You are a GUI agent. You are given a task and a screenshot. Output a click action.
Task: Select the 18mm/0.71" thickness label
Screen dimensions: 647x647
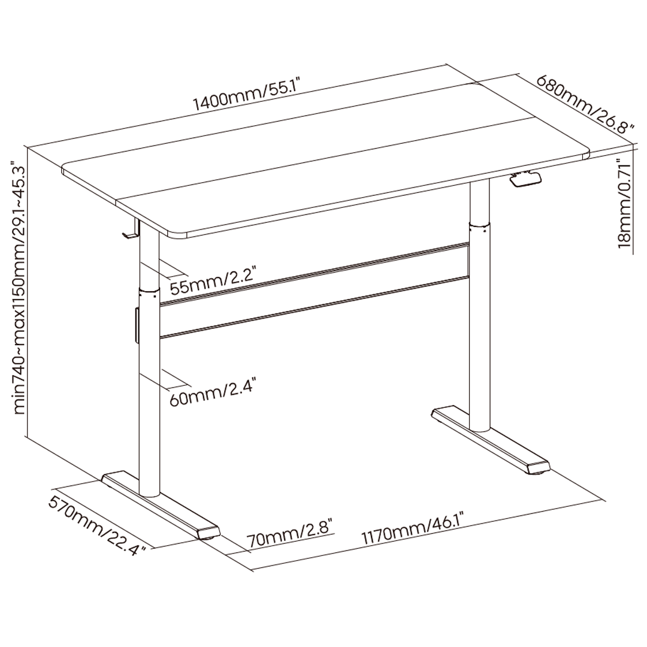coord(624,207)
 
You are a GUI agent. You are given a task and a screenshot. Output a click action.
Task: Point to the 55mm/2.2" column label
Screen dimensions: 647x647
coord(214,281)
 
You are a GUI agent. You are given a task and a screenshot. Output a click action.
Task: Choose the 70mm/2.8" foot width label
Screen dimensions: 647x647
coord(290,535)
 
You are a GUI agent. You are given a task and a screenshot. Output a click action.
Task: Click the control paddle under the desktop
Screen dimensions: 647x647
coord(525,179)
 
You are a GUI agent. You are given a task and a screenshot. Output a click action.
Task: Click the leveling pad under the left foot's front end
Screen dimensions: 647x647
coord(208,536)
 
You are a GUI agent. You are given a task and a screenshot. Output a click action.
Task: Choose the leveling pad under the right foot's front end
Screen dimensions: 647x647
coord(539,473)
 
